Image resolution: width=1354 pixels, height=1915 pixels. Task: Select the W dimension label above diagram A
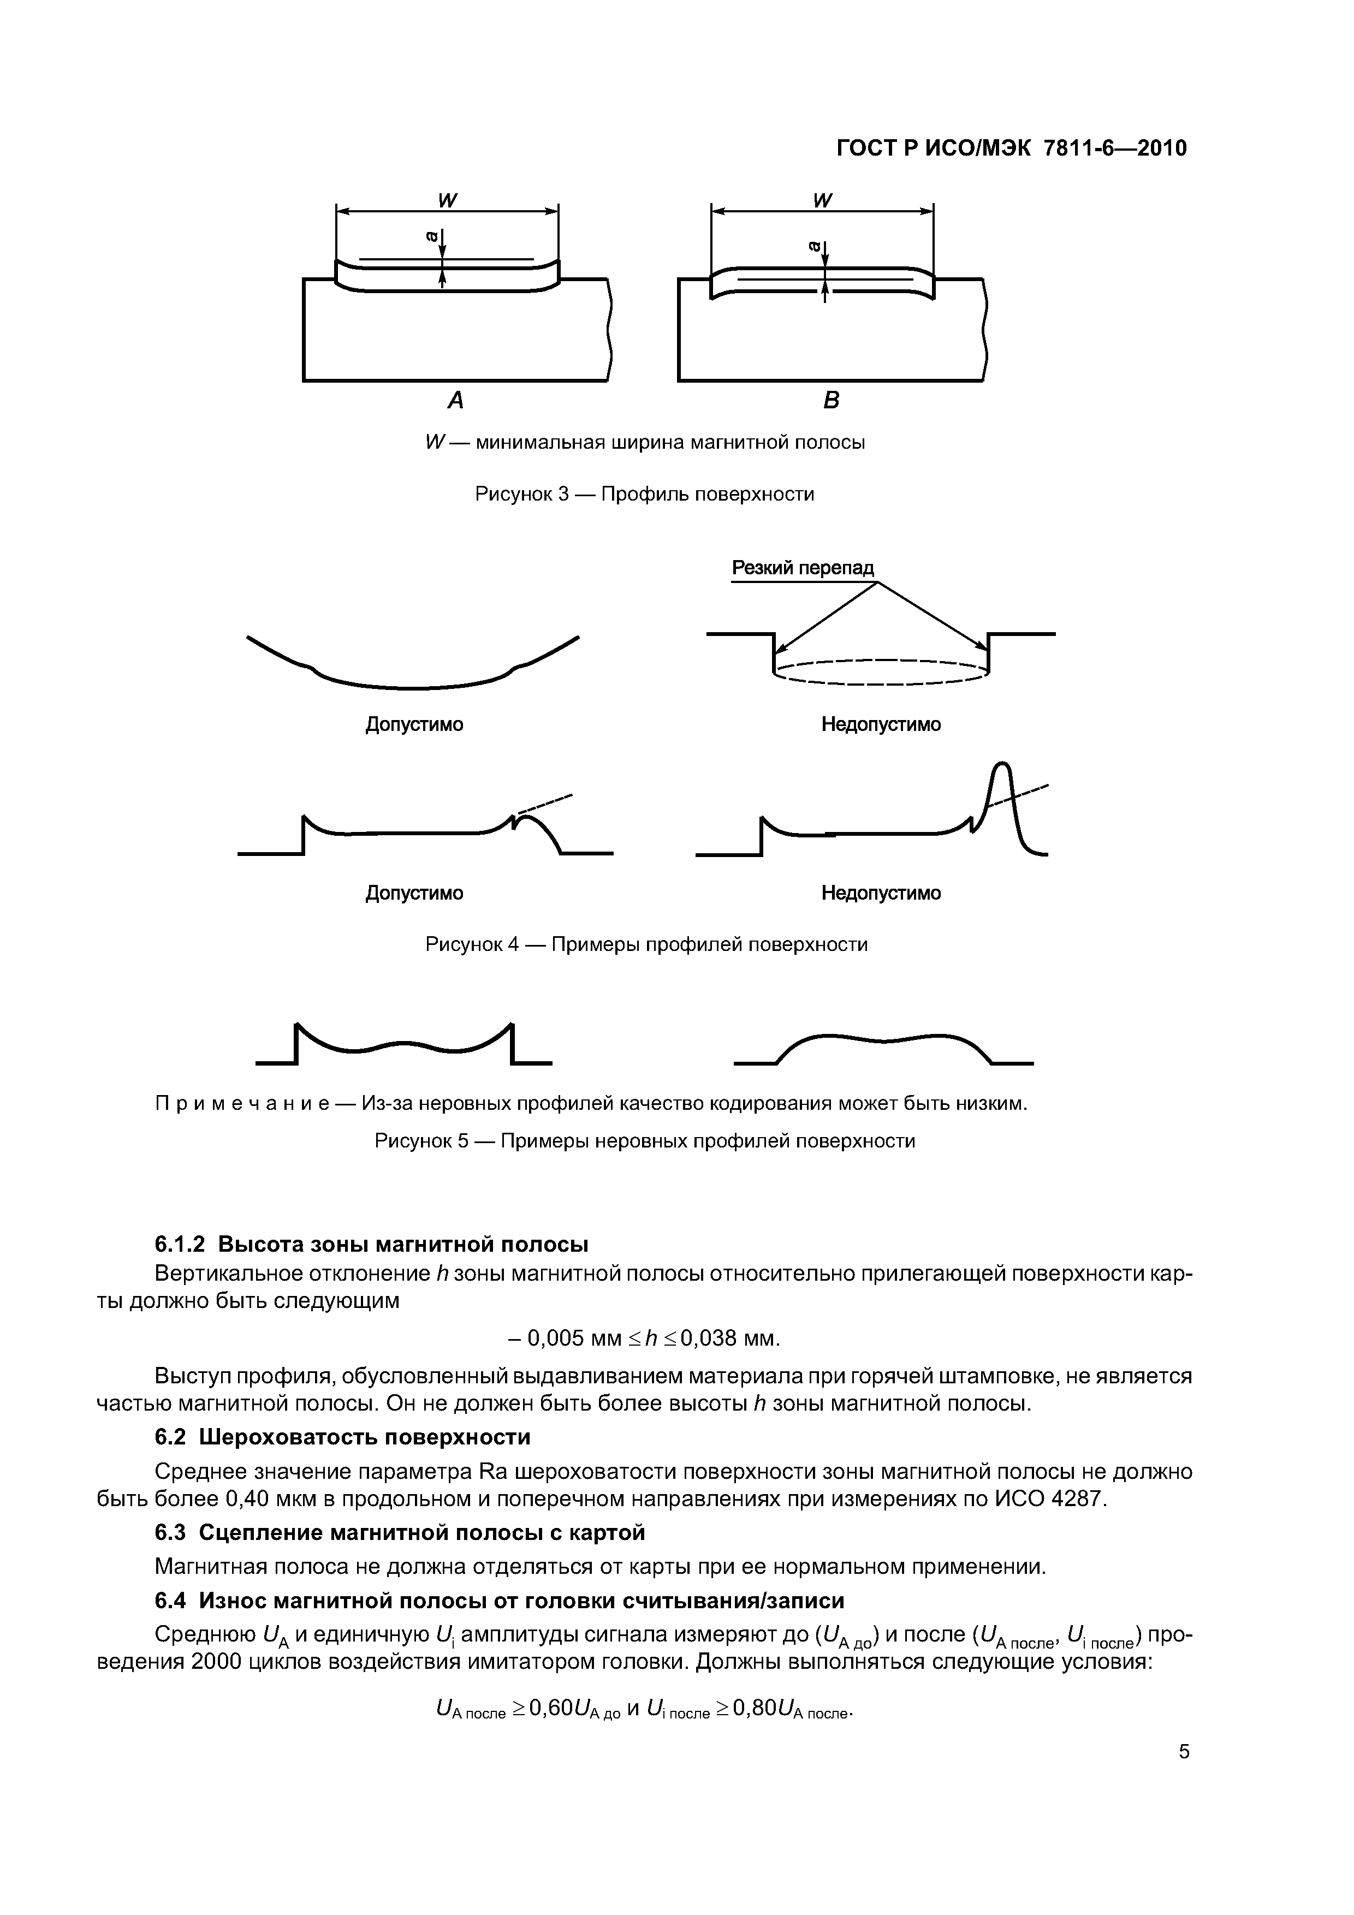(448, 200)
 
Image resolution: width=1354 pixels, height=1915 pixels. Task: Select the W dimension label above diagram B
(823, 200)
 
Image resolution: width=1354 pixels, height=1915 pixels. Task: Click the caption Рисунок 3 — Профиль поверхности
(644, 494)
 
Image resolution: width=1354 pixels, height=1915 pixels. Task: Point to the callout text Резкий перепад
(803, 568)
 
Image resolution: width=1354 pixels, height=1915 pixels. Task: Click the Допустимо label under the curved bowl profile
(414, 724)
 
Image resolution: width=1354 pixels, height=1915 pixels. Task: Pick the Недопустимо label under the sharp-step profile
(881, 724)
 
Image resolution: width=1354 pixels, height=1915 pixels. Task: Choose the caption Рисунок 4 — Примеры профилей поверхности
(646, 944)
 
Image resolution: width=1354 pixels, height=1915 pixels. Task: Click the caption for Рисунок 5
(645, 1140)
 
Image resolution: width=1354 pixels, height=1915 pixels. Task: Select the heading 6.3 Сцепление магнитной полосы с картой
(400, 1533)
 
